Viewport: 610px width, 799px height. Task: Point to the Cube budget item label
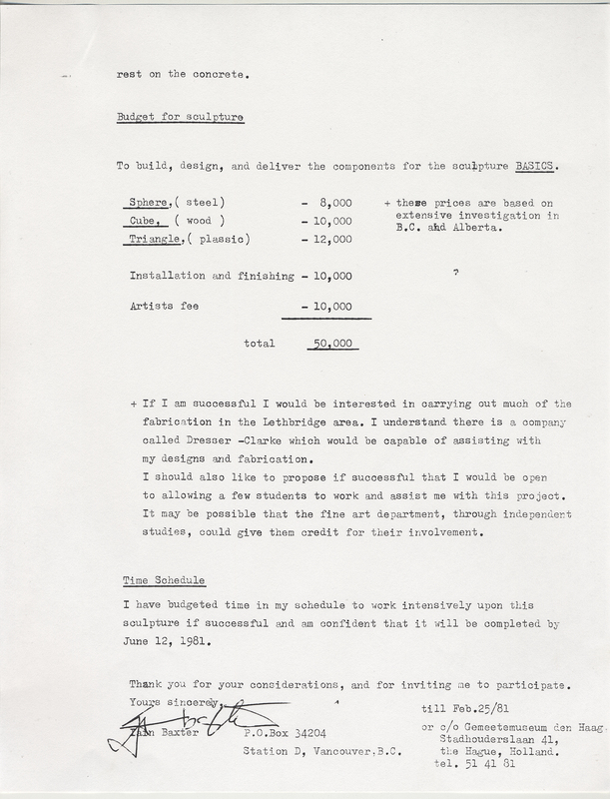click(x=146, y=220)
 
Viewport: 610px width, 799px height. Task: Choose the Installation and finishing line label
click(x=212, y=275)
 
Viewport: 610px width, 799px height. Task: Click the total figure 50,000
click(x=331, y=344)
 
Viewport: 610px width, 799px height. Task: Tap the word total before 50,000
click(x=261, y=344)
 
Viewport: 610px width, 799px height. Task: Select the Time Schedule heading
click(x=164, y=579)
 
